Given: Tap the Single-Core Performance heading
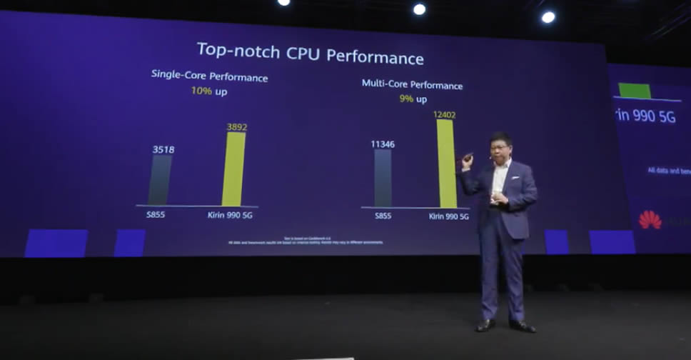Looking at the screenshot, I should tap(209, 76).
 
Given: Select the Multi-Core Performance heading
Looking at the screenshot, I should tap(412, 84).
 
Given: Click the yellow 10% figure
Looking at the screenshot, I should tap(201, 91).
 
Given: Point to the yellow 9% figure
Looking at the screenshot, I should tap(406, 99).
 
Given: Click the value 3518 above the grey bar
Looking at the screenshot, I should tap(163, 149).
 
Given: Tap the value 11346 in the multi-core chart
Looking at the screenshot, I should tap(383, 144).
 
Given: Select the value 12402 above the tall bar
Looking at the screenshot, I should tap(443, 114).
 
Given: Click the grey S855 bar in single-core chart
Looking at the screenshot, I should tap(160, 180).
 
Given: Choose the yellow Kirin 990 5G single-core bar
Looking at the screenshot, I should tap(233, 169).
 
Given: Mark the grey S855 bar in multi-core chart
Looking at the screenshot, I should tap(383, 178).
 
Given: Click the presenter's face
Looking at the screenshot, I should tap(499, 147).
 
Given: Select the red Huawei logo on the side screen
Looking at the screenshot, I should tap(650, 219).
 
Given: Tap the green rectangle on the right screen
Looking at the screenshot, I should tap(635, 91).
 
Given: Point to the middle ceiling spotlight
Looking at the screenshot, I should tap(419, 9).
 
